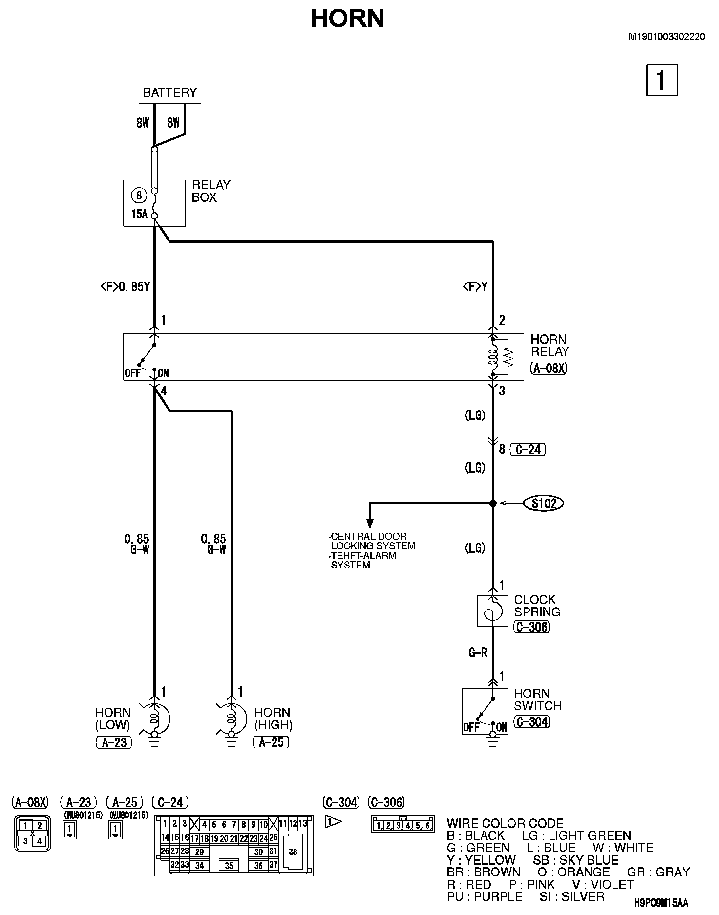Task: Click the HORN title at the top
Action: pos(347,19)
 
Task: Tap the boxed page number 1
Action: pos(662,80)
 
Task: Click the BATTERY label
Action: pos(169,92)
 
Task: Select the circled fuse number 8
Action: pos(139,196)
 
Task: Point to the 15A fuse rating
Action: pos(139,214)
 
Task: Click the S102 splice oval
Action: pos(544,503)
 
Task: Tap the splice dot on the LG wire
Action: pos(493,503)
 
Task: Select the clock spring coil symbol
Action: pos(492,610)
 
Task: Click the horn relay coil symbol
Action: pos(493,357)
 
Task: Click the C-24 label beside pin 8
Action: pos(528,449)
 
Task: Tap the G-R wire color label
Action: pos(478,652)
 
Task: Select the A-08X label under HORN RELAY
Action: pos(549,368)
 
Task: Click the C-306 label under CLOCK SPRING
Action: pos(531,627)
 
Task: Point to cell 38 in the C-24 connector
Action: pos(293,851)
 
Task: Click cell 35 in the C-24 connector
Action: pos(229,866)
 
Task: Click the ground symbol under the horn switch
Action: pos(493,744)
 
